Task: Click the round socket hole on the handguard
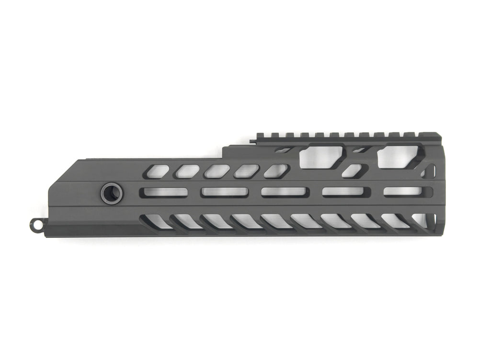[x=112, y=194]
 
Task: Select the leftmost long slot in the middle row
[x=163, y=192]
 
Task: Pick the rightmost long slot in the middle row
[x=403, y=191]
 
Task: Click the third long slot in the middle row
[x=284, y=192]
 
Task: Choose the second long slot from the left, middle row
[x=224, y=192]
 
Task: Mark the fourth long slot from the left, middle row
[x=343, y=192]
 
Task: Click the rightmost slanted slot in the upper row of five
[x=276, y=171]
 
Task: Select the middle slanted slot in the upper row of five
[x=217, y=172]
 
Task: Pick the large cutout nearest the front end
[x=399, y=157]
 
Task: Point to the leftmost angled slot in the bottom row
[x=156, y=221]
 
